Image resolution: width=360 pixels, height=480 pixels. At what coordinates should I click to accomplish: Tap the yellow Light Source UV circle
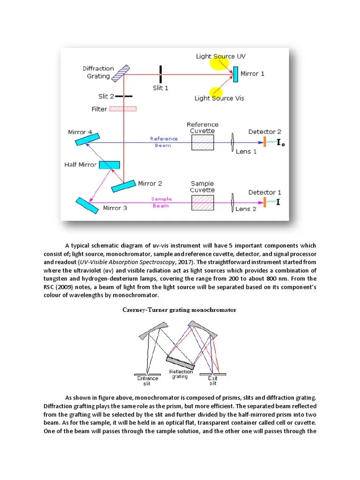(219, 62)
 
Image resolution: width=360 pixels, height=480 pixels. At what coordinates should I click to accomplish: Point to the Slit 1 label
(160, 88)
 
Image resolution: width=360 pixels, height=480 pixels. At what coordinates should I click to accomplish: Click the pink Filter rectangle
(123, 109)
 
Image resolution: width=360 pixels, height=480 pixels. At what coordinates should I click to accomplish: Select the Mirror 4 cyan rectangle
(87, 139)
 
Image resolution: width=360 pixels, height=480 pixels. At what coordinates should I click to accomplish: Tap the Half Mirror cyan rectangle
(109, 165)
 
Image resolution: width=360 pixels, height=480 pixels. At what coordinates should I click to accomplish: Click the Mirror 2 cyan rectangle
(124, 186)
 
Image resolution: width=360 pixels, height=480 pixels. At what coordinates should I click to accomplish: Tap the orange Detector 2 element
(264, 141)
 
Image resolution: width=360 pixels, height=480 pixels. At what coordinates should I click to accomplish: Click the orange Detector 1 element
(264, 202)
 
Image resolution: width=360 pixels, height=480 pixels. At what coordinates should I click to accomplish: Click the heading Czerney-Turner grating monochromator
(180, 310)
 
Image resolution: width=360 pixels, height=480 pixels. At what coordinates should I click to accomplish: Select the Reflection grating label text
(181, 374)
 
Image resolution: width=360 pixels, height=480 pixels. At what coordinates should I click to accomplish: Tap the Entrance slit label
(148, 381)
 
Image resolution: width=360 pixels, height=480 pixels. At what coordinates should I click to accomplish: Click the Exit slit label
(213, 381)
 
